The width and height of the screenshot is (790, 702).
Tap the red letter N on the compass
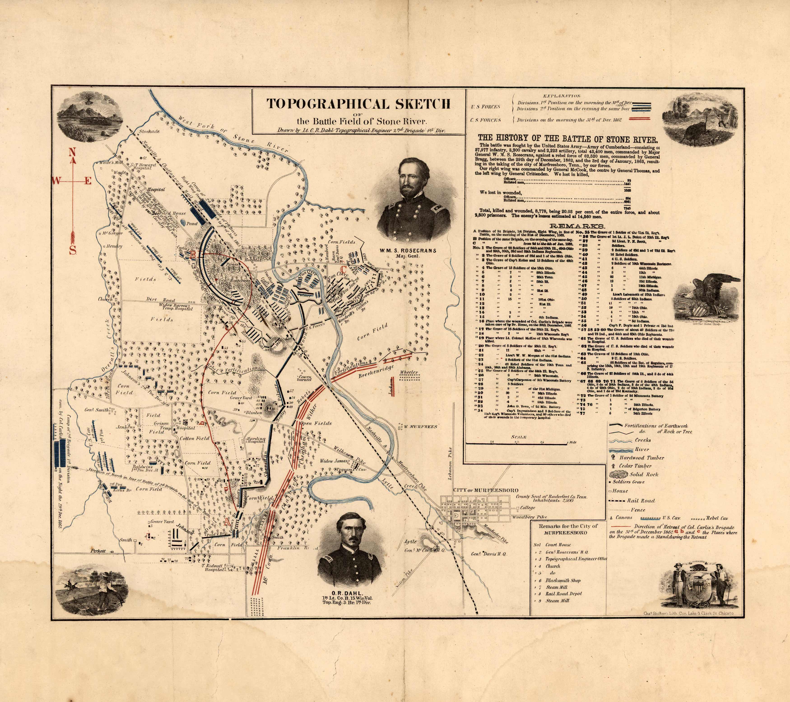[72, 152]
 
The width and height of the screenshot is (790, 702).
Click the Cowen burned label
[304, 378]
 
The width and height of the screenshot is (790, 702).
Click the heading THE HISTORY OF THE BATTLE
[568, 139]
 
